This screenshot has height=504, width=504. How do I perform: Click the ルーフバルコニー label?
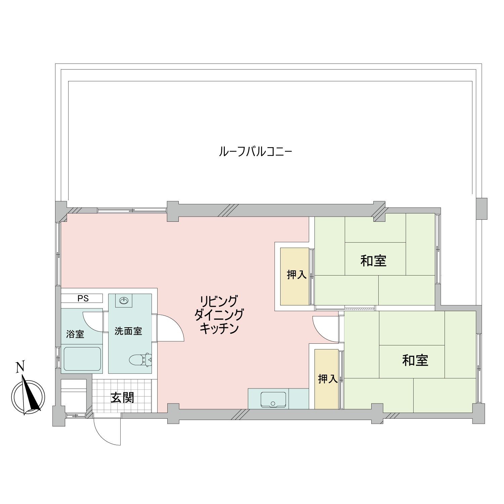click(x=255, y=152)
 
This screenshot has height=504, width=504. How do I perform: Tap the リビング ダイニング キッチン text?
click(x=219, y=314)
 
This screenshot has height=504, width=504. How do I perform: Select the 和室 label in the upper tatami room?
click(x=373, y=261)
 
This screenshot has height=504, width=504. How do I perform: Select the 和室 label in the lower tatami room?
click(x=415, y=360)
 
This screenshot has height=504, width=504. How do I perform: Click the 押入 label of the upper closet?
click(x=297, y=275)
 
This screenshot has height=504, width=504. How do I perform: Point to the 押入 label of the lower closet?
click(x=328, y=379)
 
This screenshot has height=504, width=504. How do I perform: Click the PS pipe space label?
click(x=83, y=298)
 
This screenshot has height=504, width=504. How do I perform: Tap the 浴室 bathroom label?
click(x=75, y=334)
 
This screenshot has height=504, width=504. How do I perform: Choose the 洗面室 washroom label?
click(x=128, y=331)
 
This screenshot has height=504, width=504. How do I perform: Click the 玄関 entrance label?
click(x=122, y=397)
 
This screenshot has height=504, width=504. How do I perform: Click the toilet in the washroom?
click(x=140, y=359)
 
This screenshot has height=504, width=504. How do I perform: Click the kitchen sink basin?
click(x=273, y=400)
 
